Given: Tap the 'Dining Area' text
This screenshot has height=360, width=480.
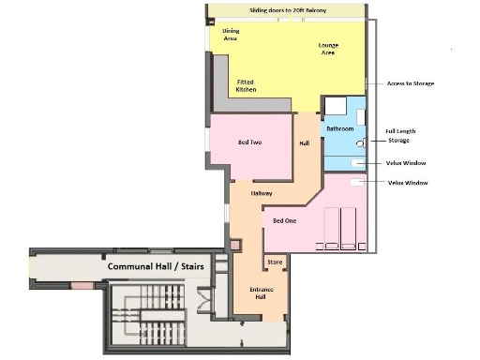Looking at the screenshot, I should (x=230, y=35).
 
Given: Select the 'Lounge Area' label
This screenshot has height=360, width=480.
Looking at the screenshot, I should (x=328, y=49).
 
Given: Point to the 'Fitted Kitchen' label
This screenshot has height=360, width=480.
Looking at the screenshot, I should (x=246, y=85).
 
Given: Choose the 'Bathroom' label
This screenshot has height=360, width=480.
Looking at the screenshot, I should (x=339, y=127).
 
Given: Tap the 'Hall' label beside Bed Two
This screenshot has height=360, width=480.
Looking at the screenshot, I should (x=304, y=143).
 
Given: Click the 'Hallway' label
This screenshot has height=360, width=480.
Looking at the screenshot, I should (x=262, y=192).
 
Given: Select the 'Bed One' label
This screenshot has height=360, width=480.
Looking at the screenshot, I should (x=285, y=220).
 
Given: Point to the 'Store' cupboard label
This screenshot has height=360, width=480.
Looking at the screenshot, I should (x=275, y=262).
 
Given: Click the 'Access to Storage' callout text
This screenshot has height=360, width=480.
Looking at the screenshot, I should (x=411, y=83).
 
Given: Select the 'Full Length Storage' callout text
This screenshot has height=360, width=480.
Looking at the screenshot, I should (x=400, y=136).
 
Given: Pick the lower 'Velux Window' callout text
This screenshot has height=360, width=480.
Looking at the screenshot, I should (x=408, y=183).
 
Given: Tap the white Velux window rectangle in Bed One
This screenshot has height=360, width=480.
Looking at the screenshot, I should (x=357, y=183).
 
